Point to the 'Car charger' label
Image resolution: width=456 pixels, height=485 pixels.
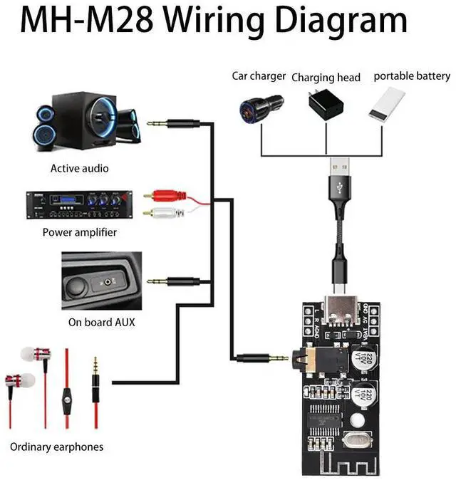tap(259, 76)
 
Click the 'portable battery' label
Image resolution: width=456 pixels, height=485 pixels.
tap(412, 76)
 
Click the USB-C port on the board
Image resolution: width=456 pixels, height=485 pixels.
tap(336, 320)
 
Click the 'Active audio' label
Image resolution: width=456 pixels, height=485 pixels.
tap(79, 169)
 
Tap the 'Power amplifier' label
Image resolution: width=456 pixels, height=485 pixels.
tap(79, 232)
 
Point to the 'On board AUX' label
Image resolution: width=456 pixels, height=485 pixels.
tap(101, 322)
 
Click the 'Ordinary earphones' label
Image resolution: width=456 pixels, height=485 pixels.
tap(56, 447)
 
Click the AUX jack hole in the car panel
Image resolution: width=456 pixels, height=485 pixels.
tap(108, 282)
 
